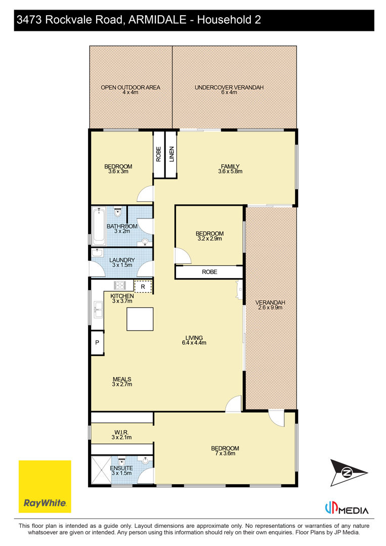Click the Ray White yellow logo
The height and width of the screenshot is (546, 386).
[45, 486]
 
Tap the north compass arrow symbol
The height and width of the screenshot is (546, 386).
[349, 473]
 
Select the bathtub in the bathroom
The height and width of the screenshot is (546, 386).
[99, 226]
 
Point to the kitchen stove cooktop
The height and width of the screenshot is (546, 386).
[119, 286]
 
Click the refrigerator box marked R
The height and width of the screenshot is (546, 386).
[143, 287]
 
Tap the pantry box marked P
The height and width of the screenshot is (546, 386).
[97, 343]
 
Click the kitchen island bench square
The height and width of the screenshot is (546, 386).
[140, 319]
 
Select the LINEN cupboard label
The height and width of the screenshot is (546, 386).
[171, 154]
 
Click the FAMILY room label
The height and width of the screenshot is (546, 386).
[230, 166]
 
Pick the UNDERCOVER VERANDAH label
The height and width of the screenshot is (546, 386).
[229, 87]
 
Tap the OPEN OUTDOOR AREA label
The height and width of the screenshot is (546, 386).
[131, 87]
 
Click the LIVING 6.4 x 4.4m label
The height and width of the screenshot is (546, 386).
[194, 340]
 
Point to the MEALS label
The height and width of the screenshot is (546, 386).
[122, 379]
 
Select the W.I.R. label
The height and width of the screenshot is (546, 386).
[121, 432]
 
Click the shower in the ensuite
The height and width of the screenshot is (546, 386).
[101, 470]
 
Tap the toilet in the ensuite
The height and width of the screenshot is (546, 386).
[121, 461]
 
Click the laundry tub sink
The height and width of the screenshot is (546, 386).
[97, 252]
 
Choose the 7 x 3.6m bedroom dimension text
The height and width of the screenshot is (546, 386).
[225, 453]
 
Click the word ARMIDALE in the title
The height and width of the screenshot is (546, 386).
[157, 20]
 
